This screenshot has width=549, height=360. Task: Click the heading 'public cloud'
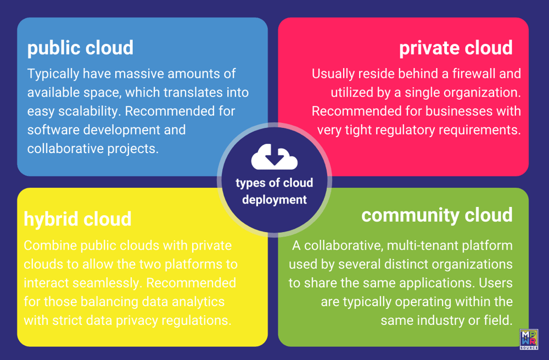(x=80, y=48)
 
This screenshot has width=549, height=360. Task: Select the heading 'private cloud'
(x=456, y=48)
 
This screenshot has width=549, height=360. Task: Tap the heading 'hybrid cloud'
(x=77, y=219)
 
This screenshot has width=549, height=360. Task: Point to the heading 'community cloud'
(x=437, y=215)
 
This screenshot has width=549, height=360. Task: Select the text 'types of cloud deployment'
(x=274, y=191)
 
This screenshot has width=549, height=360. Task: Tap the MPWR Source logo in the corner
(x=528, y=339)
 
